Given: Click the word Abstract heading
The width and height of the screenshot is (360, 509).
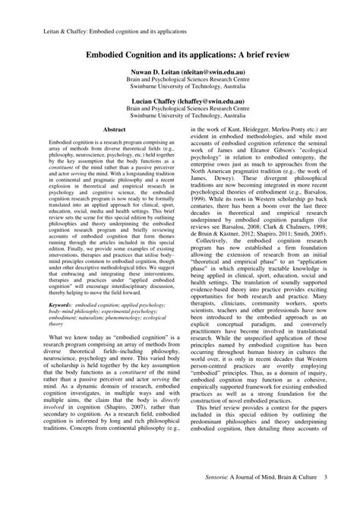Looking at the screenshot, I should pos(114,131).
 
